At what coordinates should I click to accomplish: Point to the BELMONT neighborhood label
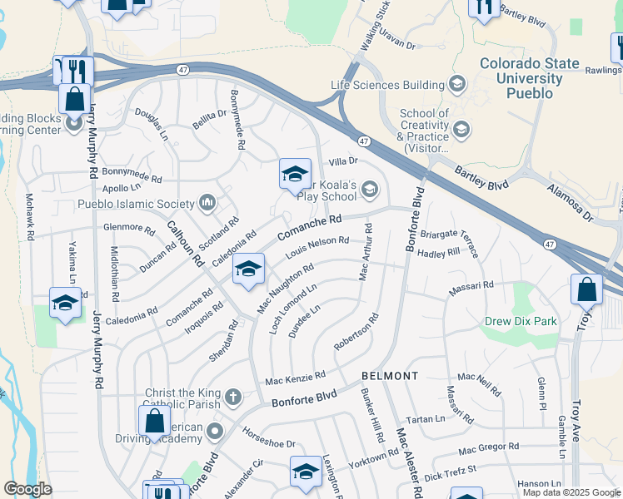[x=390, y=376]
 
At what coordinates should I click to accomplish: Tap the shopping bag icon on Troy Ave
[x=586, y=290]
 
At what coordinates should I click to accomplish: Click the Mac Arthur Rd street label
[x=364, y=252]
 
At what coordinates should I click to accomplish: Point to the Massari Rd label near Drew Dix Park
[x=472, y=284]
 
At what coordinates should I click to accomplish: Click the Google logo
[x=27, y=488]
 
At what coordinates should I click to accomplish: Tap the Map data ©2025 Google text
[x=572, y=492]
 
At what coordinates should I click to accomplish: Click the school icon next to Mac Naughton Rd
[x=247, y=270]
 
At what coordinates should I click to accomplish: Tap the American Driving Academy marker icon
[x=216, y=431]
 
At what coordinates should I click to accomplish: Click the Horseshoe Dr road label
[x=269, y=437]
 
